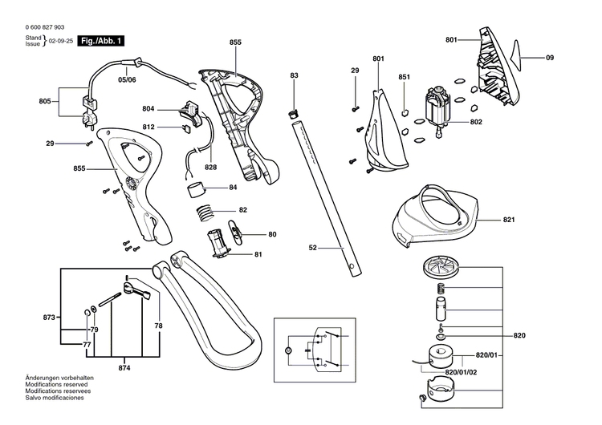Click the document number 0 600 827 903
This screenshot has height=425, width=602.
click(x=36, y=26)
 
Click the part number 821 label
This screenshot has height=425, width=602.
click(x=509, y=220)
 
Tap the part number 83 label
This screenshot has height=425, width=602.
click(x=295, y=75)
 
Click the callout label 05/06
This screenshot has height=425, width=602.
click(x=128, y=80)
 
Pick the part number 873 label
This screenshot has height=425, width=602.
click(x=49, y=318)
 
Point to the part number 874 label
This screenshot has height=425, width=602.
click(x=124, y=368)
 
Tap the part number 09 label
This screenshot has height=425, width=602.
click(x=550, y=58)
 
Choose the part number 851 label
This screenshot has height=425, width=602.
click(x=404, y=77)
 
